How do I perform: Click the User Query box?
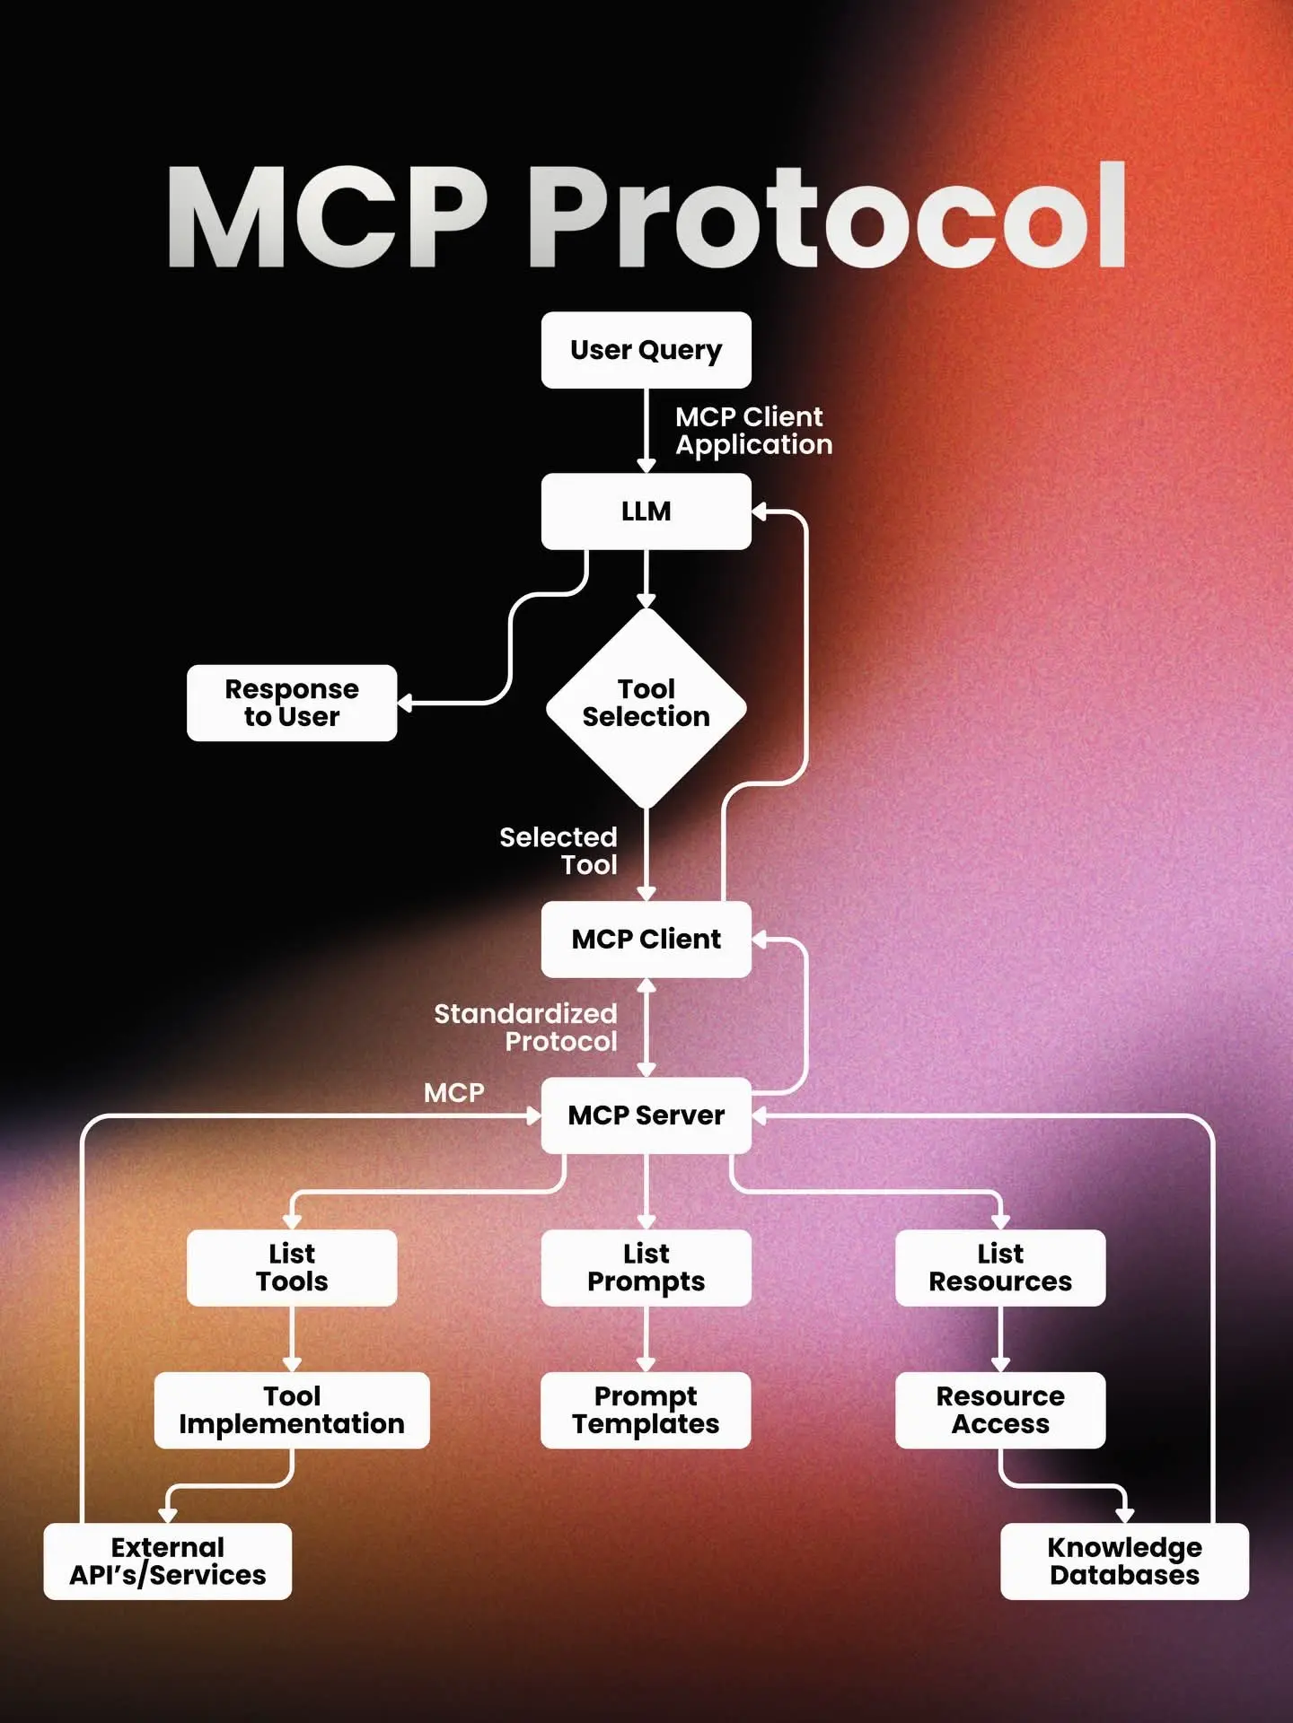(x=646, y=350)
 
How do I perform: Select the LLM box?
(x=646, y=512)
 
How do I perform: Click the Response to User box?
(x=292, y=703)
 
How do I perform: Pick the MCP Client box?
(x=646, y=940)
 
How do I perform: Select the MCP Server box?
(x=646, y=1115)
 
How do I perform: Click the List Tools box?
(x=292, y=1267)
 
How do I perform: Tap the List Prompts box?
(x=646, y=1267)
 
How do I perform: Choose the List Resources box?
(x=1000, y=1267)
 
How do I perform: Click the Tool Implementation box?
(x=292, y=1410)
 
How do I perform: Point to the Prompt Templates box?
(x=646, y=1410)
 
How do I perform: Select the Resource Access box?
(x=1000, y=1410)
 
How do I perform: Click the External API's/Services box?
(x=168, y=1561)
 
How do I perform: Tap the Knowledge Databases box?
(x=1124, y=1561)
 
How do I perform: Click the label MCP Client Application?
(x=753, y=431)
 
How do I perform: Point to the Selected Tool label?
(x=559, y=851)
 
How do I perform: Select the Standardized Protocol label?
(x=526, y=1028)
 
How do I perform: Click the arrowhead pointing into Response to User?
(x=405, y=703)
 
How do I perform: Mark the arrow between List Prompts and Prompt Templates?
(x=646, y=1339)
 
